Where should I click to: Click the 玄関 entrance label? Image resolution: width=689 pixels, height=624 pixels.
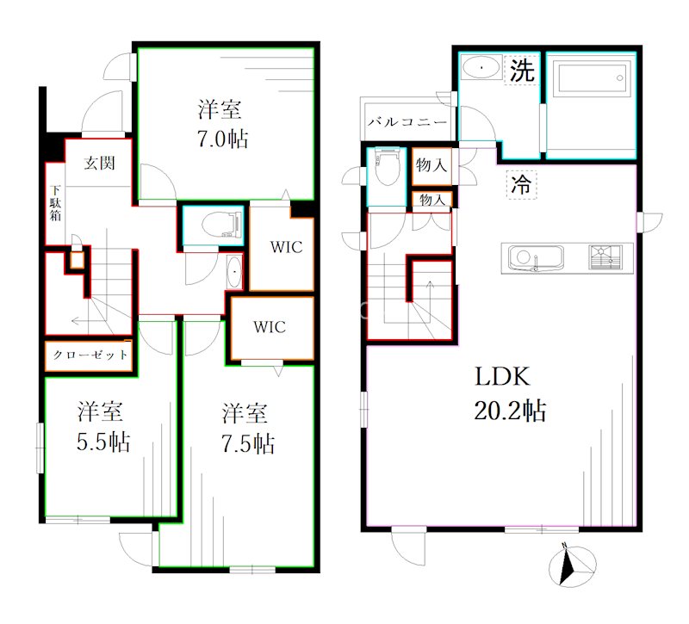coord(99,163)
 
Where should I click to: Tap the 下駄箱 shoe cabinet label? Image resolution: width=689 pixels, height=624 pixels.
coord(55,203)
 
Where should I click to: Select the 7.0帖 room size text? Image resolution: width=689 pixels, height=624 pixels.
coord(222,139)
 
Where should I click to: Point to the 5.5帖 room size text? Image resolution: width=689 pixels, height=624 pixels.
coord(103,442)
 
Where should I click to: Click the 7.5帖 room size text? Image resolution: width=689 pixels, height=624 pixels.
coord(248,443)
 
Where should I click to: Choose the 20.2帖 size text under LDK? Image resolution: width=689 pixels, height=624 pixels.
coord(510,411)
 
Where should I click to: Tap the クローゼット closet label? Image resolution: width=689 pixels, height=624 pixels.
coord(90,355)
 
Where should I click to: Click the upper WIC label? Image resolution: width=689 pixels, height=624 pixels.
coord(287,247)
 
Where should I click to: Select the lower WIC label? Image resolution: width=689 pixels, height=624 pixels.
coord(270,327)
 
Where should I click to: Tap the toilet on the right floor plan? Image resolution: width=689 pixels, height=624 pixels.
coord(386,167)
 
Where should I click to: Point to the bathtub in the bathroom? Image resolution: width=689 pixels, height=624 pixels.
coord(593,78)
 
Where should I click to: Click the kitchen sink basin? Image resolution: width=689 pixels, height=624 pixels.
coord(536,257)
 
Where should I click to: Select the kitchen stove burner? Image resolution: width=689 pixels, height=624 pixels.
coord(605,256)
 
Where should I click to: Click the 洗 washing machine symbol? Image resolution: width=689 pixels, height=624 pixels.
coord(522,70)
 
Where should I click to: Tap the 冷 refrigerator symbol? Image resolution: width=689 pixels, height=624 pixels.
coord(521,184)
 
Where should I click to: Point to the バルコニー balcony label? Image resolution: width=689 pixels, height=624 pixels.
coord(407,121)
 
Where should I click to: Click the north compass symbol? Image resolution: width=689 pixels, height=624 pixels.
coord(572,566)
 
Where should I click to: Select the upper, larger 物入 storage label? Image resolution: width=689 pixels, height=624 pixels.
coord(431,165)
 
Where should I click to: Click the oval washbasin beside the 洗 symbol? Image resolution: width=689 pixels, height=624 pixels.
coord(481,68)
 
